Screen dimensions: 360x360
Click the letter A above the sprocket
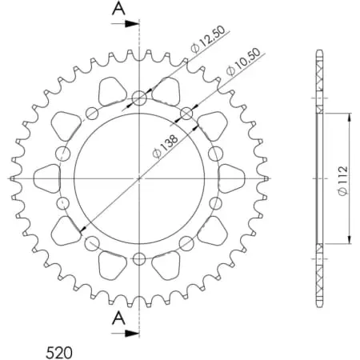click(118, 9)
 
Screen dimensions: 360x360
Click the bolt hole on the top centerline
click(139, 98)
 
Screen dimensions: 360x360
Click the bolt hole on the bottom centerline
click(139, 258)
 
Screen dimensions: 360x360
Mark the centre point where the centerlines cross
click(139, 178)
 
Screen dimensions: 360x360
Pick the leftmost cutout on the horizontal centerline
click(46, 178)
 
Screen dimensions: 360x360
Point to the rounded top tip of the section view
click(321, 54)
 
